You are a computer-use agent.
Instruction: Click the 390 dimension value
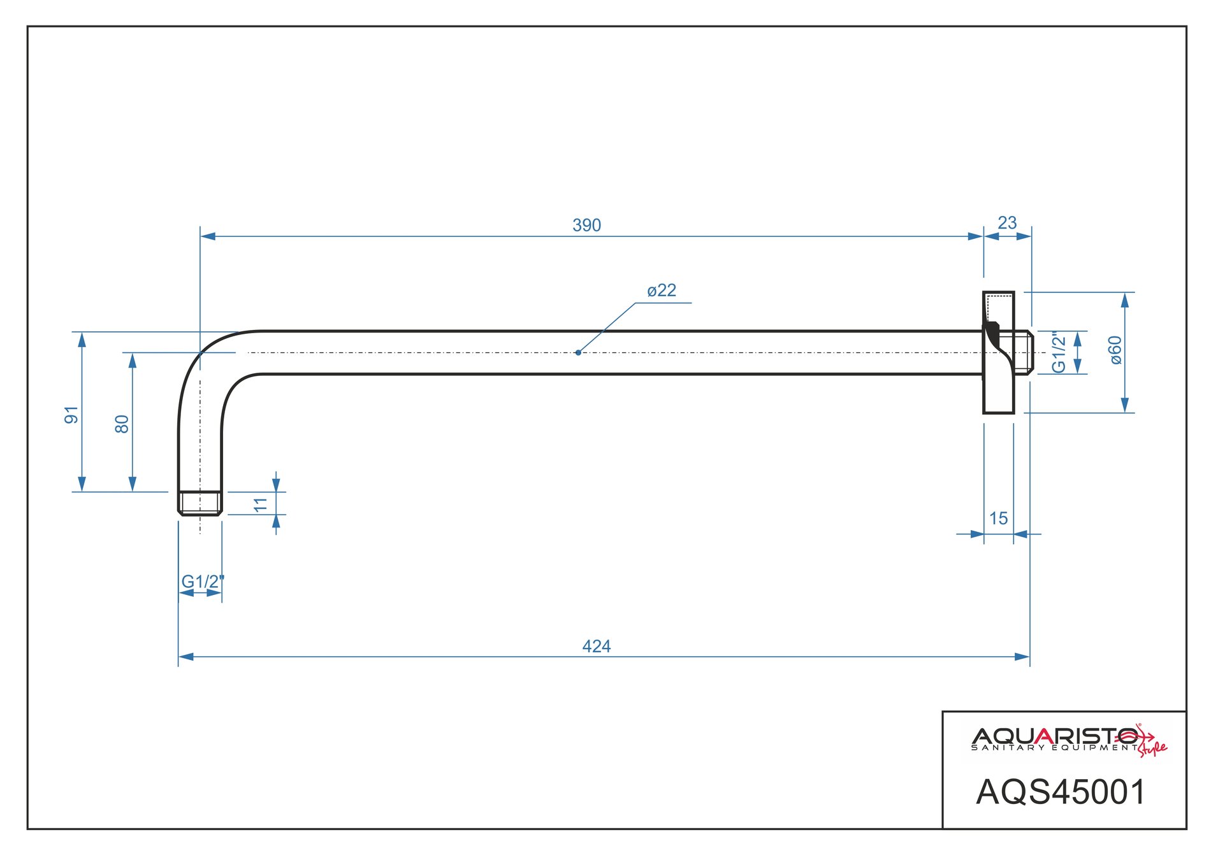coord(586,226)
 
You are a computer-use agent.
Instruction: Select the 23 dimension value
coord(1007,223)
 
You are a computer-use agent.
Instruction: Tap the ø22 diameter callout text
coord(662,290)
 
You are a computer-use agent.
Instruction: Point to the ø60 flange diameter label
coord(1115,350)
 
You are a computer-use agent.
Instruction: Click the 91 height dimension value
coord(71,415)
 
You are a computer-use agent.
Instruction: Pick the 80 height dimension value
coord(122,424)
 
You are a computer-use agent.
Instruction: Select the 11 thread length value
coord(260,505)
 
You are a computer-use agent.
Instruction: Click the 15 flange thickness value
coord(998,519)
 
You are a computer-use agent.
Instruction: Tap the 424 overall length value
coord(596,647)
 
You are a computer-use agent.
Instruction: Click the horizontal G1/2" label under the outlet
coord(203,582)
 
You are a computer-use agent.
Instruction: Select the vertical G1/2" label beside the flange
coord(1059,352)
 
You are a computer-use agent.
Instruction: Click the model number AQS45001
coord(1061,792)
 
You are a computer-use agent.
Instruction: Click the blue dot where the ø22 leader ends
coord(578,352)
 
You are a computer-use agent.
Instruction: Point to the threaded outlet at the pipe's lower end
coord(200,503)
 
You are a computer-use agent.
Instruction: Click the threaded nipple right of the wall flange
coord(1022,352)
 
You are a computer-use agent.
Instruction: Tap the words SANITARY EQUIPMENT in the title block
coord(1055,748)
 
